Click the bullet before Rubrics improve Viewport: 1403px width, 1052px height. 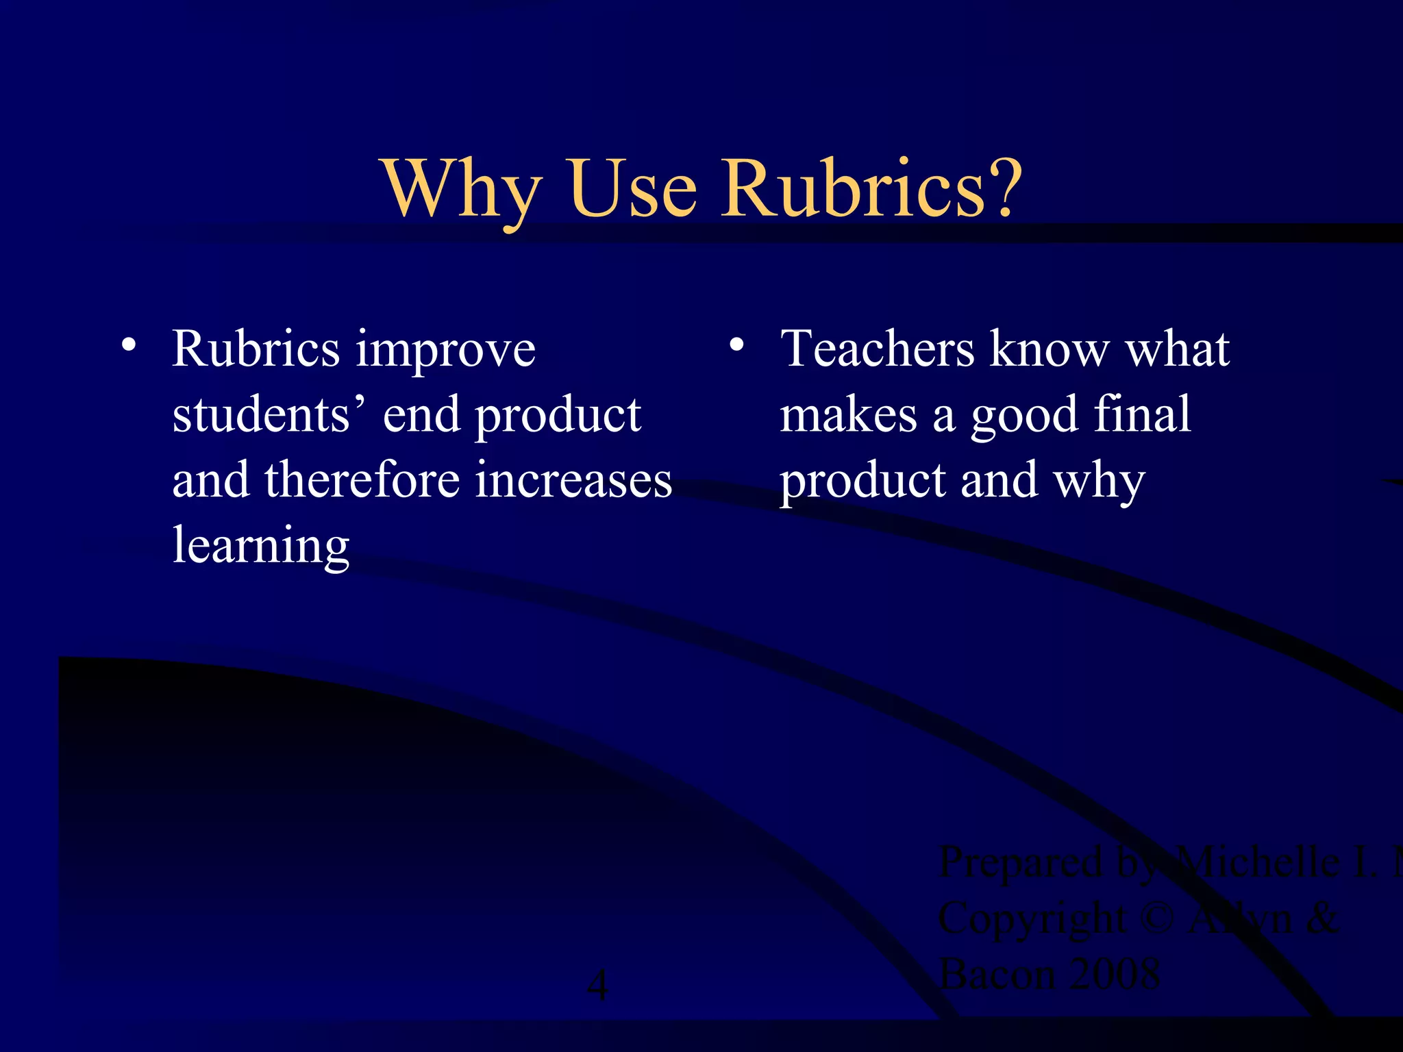pos(128,344)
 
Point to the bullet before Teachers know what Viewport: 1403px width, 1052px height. pos(736,344)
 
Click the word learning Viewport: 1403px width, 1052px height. pos(261,547)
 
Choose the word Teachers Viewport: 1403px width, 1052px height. pos(878,349)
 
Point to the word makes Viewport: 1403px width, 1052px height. pos(848,415)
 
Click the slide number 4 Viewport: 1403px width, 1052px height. pos(598,986)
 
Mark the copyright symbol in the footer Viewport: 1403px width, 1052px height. pos(1158,918)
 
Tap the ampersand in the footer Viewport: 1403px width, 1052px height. pos(1321,918)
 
